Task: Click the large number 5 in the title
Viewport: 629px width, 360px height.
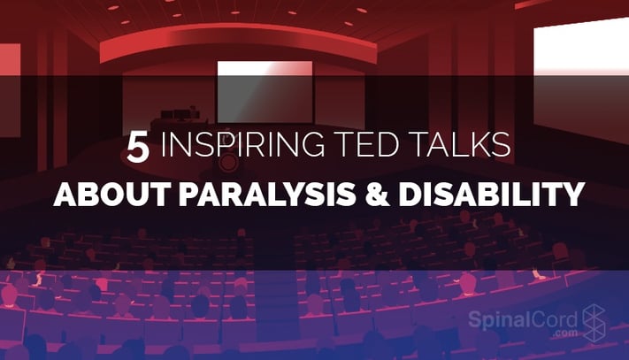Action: [138, 148]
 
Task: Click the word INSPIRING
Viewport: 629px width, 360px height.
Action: [242, 145]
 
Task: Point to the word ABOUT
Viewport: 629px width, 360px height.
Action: [112, 194]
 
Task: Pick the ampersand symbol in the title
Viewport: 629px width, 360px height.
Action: [377, 194]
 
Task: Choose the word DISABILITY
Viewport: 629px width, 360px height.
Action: [491, 194]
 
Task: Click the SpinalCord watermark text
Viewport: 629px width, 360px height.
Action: [523, 320]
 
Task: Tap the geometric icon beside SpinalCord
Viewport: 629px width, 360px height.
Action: [594, 323]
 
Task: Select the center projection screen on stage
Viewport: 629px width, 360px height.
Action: [265, 92]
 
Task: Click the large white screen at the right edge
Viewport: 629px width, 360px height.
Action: [581, 80]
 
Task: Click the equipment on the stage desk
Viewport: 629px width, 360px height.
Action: [180, 113]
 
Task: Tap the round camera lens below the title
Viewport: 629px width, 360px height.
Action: [229, 163]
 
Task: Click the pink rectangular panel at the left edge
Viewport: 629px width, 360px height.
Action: [10, 90]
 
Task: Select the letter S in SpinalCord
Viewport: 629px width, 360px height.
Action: [475, 320]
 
